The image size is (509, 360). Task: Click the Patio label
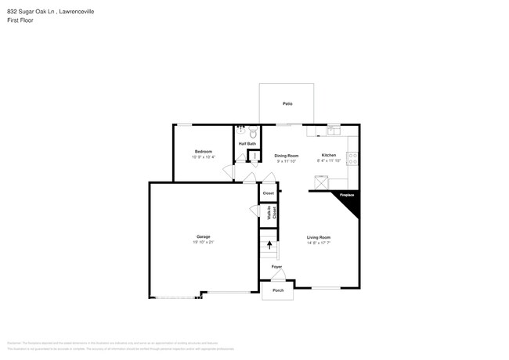point(287,103)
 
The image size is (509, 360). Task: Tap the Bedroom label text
point(204,151)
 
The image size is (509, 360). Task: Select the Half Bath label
point(247,144)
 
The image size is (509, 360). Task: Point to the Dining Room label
point(287,156)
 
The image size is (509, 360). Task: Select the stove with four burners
point(354,157)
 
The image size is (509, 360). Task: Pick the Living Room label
point(318,237)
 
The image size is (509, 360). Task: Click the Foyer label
point(276,267)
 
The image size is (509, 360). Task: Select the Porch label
point(277,290)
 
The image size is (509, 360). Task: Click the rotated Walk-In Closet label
point(269,213)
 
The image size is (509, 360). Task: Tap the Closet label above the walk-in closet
point(269,193)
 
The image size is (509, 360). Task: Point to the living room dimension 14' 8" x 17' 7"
point(318,243)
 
